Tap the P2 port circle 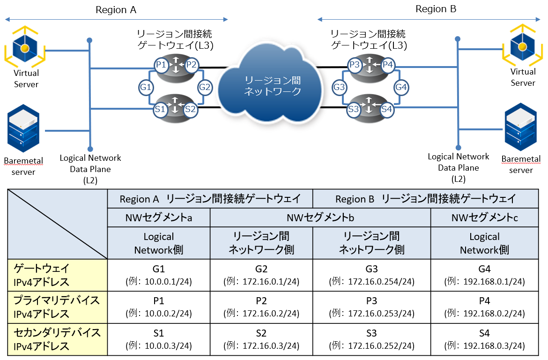pos(191,65)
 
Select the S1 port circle pos(161,109)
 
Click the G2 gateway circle pos(205,87)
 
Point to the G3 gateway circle pos(340,87)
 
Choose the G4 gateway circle pos(401,87)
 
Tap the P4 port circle pos(387,65)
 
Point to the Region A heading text pos(116,10)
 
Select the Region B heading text pos(436,9)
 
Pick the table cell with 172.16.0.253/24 pos(371,307)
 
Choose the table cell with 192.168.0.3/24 pos(484,339)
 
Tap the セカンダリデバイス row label pos(57,339)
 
